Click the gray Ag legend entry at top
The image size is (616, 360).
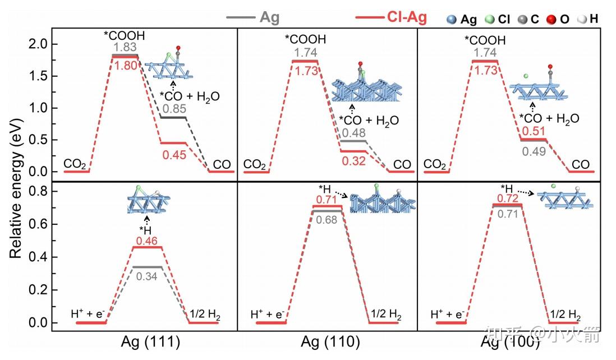(253, 17)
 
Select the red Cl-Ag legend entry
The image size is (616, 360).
(391, 17)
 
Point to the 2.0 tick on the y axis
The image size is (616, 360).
(37, 44)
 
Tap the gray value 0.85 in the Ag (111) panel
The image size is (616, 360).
(174, 108)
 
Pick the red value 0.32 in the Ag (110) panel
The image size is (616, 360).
(353, 161)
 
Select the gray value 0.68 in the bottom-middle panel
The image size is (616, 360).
(327, 219)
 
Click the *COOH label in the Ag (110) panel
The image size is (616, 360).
(305, 39)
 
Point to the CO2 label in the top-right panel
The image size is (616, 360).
(434, 164)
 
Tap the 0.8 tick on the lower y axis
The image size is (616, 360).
(37, 192)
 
